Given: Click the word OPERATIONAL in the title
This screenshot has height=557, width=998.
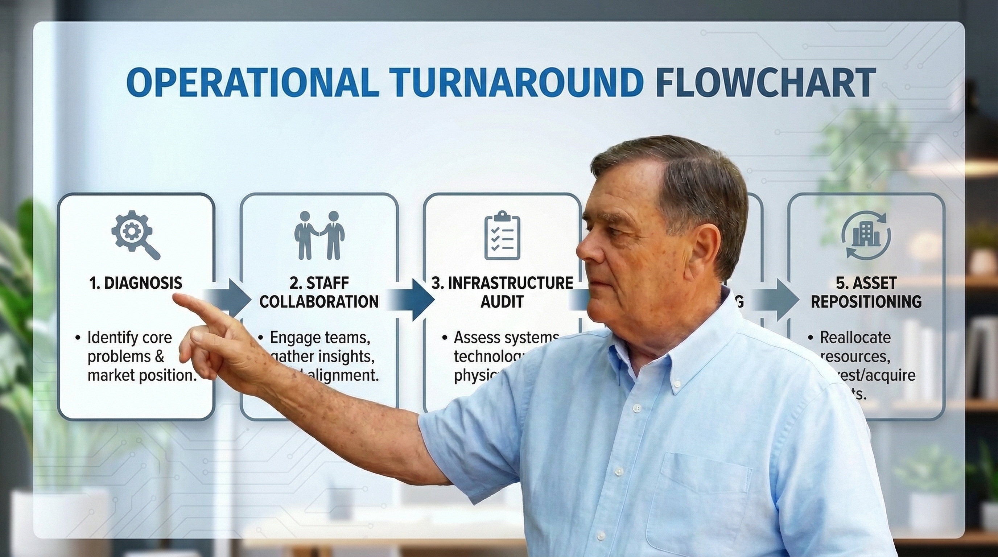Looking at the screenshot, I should [252, 83].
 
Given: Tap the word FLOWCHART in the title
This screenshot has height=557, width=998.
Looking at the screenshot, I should [766, 83].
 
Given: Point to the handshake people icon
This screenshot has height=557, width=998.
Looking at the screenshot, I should [319, 235].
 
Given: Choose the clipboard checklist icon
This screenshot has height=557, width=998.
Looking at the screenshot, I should [502, 235].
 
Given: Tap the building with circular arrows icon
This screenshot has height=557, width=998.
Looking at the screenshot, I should [866, 235].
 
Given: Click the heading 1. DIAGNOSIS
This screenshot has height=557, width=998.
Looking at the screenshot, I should [136, 283].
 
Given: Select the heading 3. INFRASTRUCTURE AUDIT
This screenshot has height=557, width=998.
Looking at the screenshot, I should [502, 292].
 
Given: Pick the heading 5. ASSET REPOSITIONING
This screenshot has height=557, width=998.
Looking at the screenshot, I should [866, 292].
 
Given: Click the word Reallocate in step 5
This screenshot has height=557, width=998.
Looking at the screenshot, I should [855, 337].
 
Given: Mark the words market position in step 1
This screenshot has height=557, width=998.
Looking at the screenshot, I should [142, 375].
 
